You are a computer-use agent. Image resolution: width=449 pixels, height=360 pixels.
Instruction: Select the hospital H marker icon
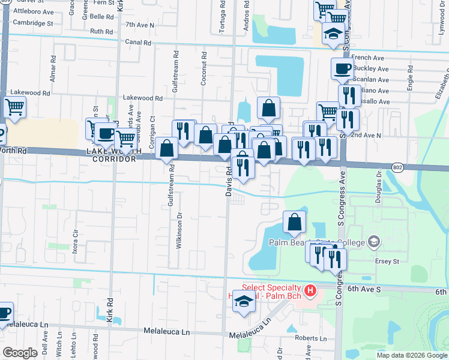click(x=310, y=292)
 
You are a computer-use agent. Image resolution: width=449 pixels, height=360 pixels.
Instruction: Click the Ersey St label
click(x=387, y=262)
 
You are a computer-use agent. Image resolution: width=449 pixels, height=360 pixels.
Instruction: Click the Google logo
click(x=20, y=353)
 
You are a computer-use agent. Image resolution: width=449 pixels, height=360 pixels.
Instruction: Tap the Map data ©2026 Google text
click(x=412, y=355)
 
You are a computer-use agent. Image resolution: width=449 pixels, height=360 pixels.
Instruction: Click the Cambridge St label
click(x=34, y=23)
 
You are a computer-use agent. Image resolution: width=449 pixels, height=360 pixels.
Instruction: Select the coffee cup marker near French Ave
click(x=342, y=68)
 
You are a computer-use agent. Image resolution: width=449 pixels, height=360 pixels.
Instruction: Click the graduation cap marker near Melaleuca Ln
click(x=244, y=301)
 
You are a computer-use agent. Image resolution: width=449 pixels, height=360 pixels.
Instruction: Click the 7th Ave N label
click(x=140, y=25)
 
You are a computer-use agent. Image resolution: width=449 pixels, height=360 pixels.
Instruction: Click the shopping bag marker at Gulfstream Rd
click(x=166, y=148)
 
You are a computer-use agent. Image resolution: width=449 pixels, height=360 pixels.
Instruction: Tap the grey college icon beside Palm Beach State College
click(x=375, y=242)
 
